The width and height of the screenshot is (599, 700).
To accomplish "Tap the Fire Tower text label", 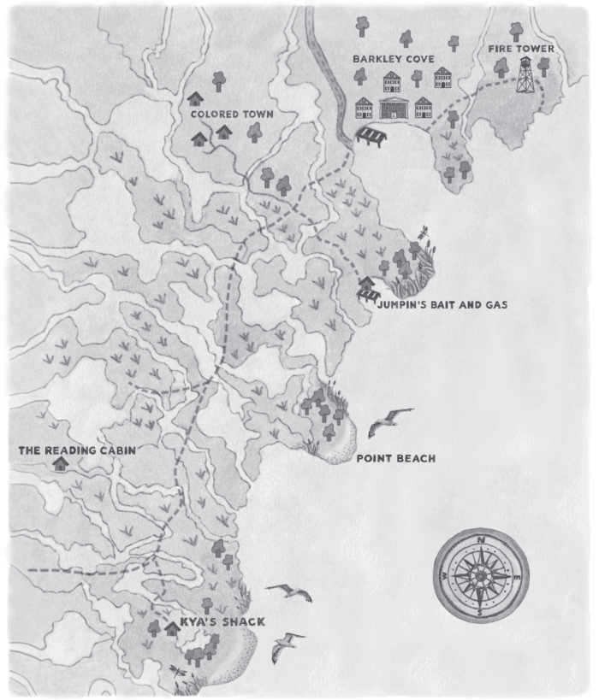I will (521, 49).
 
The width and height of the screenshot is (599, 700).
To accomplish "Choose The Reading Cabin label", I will (78, 449).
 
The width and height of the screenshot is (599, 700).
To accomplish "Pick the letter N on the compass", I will (481, 540).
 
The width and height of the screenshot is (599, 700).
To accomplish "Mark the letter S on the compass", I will (480, 613).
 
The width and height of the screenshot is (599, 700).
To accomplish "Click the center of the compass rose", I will (481, 577).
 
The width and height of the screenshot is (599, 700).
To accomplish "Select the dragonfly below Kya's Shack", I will (177, 672).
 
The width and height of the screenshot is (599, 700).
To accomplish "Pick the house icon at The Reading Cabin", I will (60, 464).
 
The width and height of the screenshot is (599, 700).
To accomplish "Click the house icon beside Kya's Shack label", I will (171, 628).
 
